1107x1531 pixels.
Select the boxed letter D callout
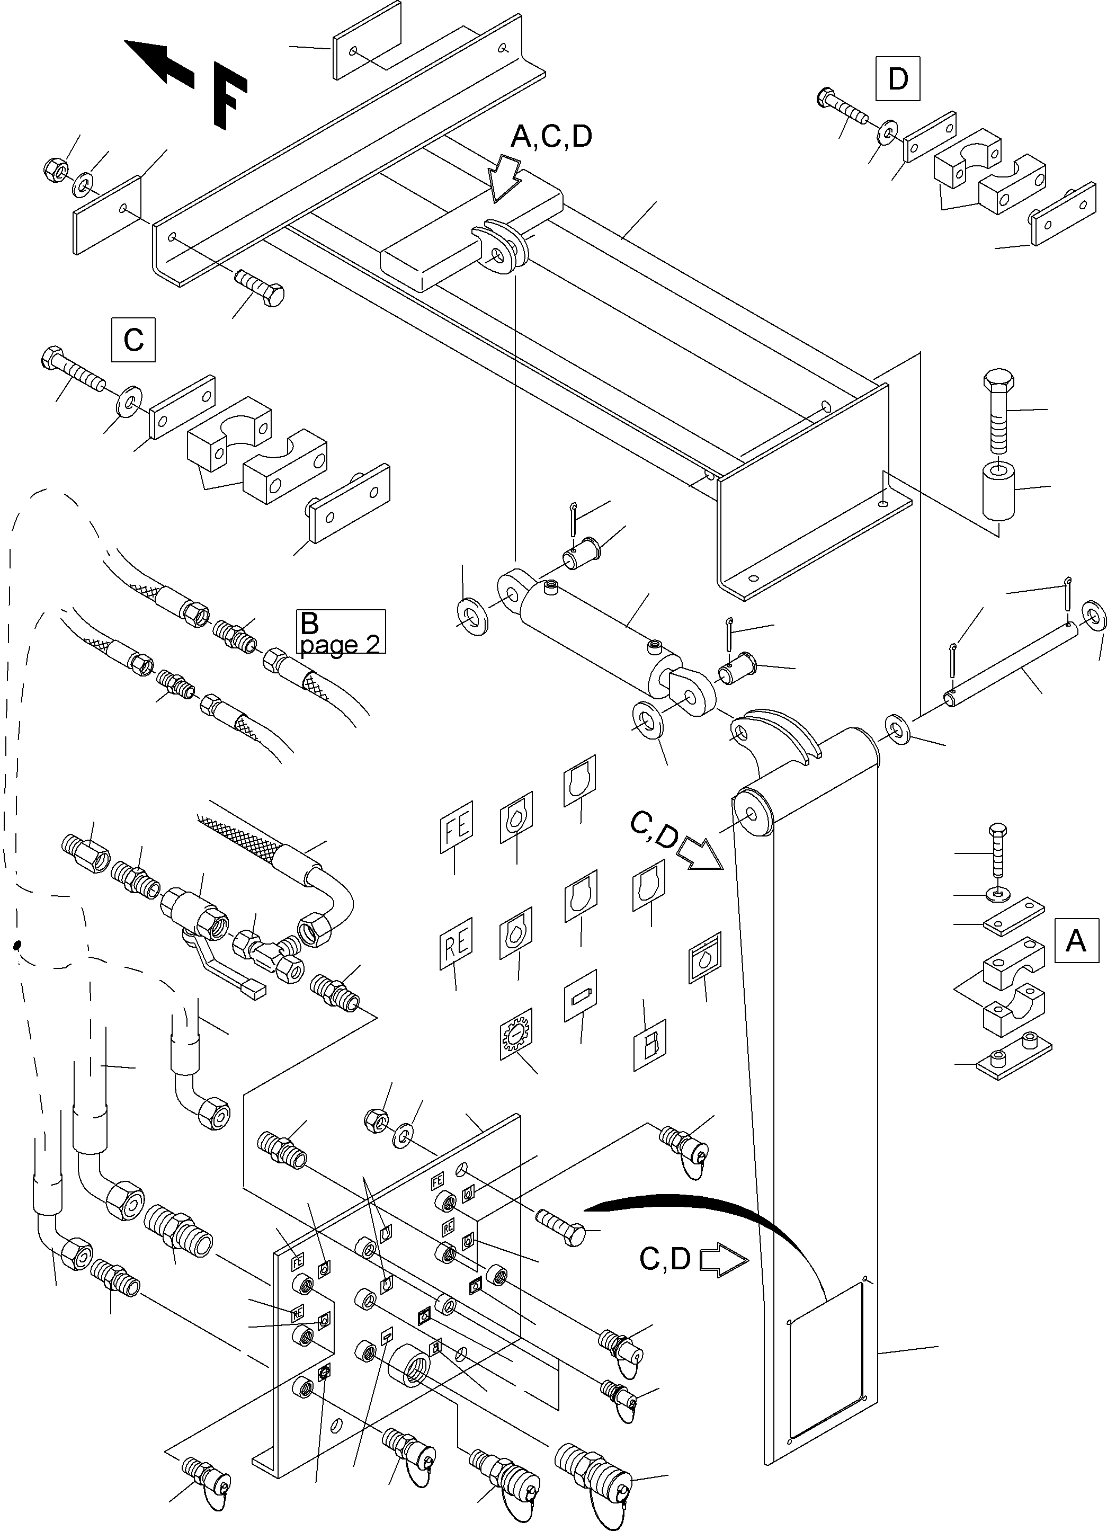[x=897, y=79]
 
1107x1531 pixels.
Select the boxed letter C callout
[x=133, y=339]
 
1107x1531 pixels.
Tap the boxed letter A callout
[x=1075, y=940]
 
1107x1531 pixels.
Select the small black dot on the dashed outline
[x=18, y=945]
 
